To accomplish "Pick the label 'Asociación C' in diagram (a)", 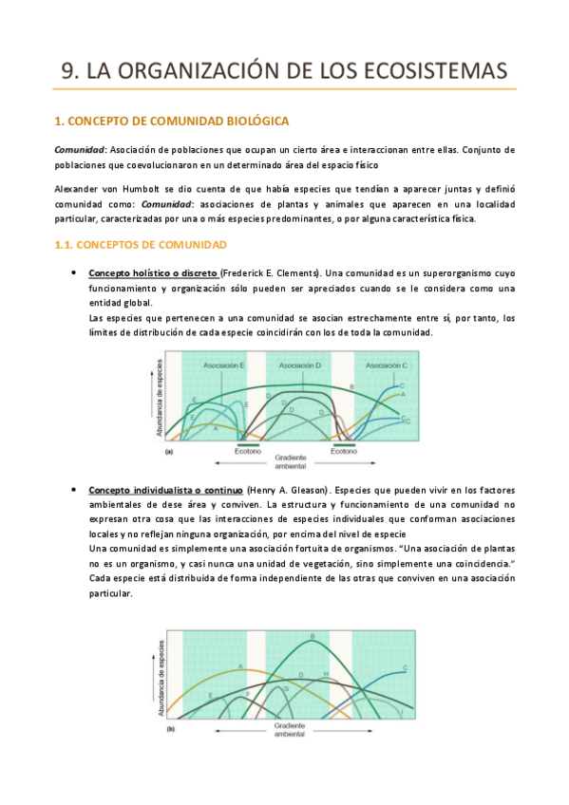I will click(x=388, y=365).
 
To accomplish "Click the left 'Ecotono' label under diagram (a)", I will click(x=248, y=452).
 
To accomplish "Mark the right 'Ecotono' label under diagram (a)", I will click(x=344, y=452).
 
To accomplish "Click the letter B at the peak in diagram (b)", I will click(x=313, y=636).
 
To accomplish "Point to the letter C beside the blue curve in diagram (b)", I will click(x=406, y=668).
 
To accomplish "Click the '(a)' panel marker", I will click(x=169, y=453).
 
